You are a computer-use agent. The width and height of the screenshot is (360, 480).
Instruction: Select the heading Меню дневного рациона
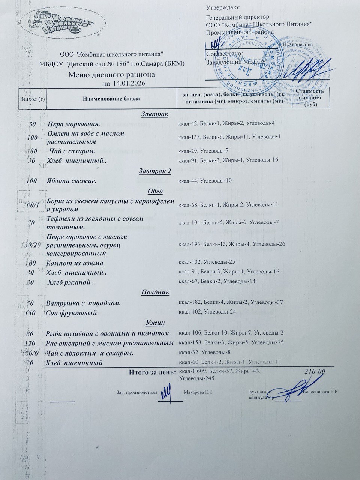[112, 75]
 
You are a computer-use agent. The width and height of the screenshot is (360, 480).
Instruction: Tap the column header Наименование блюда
[111, 99]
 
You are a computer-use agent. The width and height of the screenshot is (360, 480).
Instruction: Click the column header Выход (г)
[33, 99]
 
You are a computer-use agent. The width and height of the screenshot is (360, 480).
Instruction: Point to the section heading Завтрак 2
[155, 171]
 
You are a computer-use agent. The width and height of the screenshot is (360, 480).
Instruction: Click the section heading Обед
[155, 191]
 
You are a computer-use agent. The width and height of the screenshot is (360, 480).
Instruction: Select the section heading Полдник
[155, 292]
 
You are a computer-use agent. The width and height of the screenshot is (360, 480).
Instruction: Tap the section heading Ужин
[155, 322]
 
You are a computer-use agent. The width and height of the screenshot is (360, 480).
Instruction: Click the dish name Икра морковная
[73, 124]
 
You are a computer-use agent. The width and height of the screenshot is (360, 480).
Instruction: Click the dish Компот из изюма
[74, 263]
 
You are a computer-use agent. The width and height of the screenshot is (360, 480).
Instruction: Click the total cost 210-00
[315, 372]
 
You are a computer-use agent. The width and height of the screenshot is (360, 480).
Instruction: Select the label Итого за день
[152, 372]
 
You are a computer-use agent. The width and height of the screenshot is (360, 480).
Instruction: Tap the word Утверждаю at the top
[223, 7]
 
